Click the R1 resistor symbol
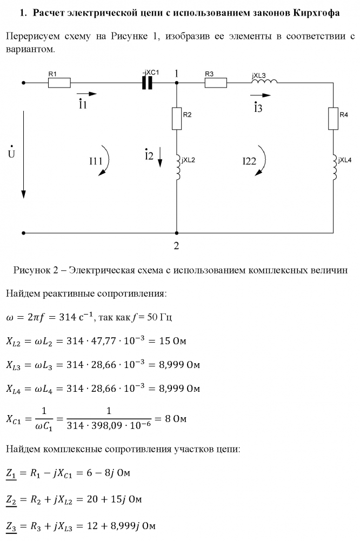click(59, 83)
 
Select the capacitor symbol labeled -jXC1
click(147, 83)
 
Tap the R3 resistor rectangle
click(216, 83)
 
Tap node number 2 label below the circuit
click(176, 245)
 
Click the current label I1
click(83, 105)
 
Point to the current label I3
click(258, 107)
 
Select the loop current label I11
click(96, 161)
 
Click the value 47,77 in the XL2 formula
click(118, 342)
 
